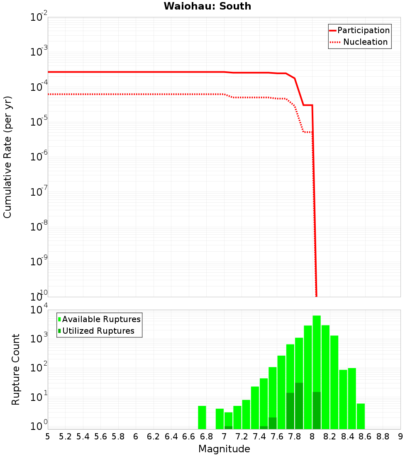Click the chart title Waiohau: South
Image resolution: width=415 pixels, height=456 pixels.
pyautogui.click(x=207, y=6)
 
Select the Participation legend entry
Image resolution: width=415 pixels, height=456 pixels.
pyautogui.click(x=359, y=31)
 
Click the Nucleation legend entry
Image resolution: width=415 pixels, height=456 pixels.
pyautogui.click(x=359, y=42)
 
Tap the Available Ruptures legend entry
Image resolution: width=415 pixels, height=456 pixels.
pyautogui.click(x=99, y=320)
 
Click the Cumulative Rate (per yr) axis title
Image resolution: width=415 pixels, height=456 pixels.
pyautogui.click(x=7, y=157)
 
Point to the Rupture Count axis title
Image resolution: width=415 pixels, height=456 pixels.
pyautogui.click(x=16, y=369)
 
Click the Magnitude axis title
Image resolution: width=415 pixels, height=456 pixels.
pyautogui.click(x=224, y=449)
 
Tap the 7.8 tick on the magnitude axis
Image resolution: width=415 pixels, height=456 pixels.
pyautogui.click(x=295, y=437)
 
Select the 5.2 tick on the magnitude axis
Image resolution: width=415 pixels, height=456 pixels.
pyautogui.click(x=65, y=437)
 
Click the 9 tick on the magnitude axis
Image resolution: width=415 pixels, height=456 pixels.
pyautogui.click(x=400, y=437)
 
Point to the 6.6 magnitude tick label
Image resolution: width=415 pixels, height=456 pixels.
pyautogui.click(x=189, y=437)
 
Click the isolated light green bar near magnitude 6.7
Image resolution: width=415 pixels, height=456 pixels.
pyautogui.click(x=202, y=417)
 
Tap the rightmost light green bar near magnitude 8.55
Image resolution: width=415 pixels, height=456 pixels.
pyautogui.click(x=361, y=416)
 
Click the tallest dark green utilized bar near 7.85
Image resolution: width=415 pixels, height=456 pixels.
pyautogui.click(x=299, y=406)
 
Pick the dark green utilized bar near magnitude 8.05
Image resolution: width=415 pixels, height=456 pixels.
pyautogui.click(x=317, y=410)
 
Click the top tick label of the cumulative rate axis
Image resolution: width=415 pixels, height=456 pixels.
pyautogui.click(x=39, y=17)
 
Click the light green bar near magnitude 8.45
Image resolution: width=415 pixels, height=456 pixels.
pyautogui.click(x=352, y=398)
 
